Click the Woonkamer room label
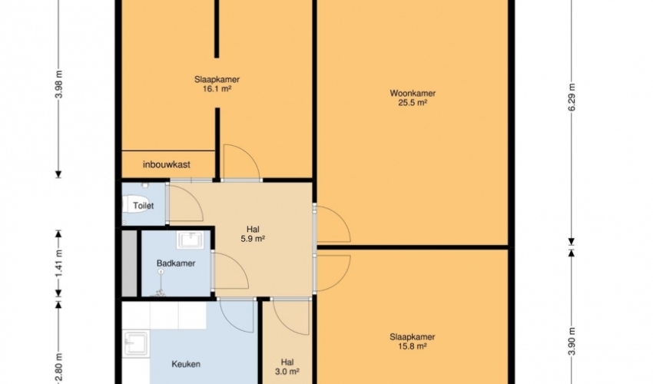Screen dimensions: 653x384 coord(413,93)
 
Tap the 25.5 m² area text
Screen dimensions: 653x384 coord(413,102)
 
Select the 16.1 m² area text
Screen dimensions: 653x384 coord(217,89)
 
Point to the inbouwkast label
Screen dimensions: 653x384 coord(167,164)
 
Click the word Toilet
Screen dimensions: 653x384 coord(143,205)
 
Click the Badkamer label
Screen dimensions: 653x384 coord(176,263)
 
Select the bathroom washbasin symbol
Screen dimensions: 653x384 coord(191,240)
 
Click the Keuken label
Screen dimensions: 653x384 coord(186,364)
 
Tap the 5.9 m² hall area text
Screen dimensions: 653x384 coord(253,239)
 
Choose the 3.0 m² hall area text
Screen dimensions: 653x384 coord(287,372)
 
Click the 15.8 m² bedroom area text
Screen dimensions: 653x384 coord(413,346)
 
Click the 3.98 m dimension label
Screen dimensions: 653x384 coord(58,84)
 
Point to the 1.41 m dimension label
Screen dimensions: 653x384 coord(58,263)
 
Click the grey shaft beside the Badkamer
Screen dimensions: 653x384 coord(129,263)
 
